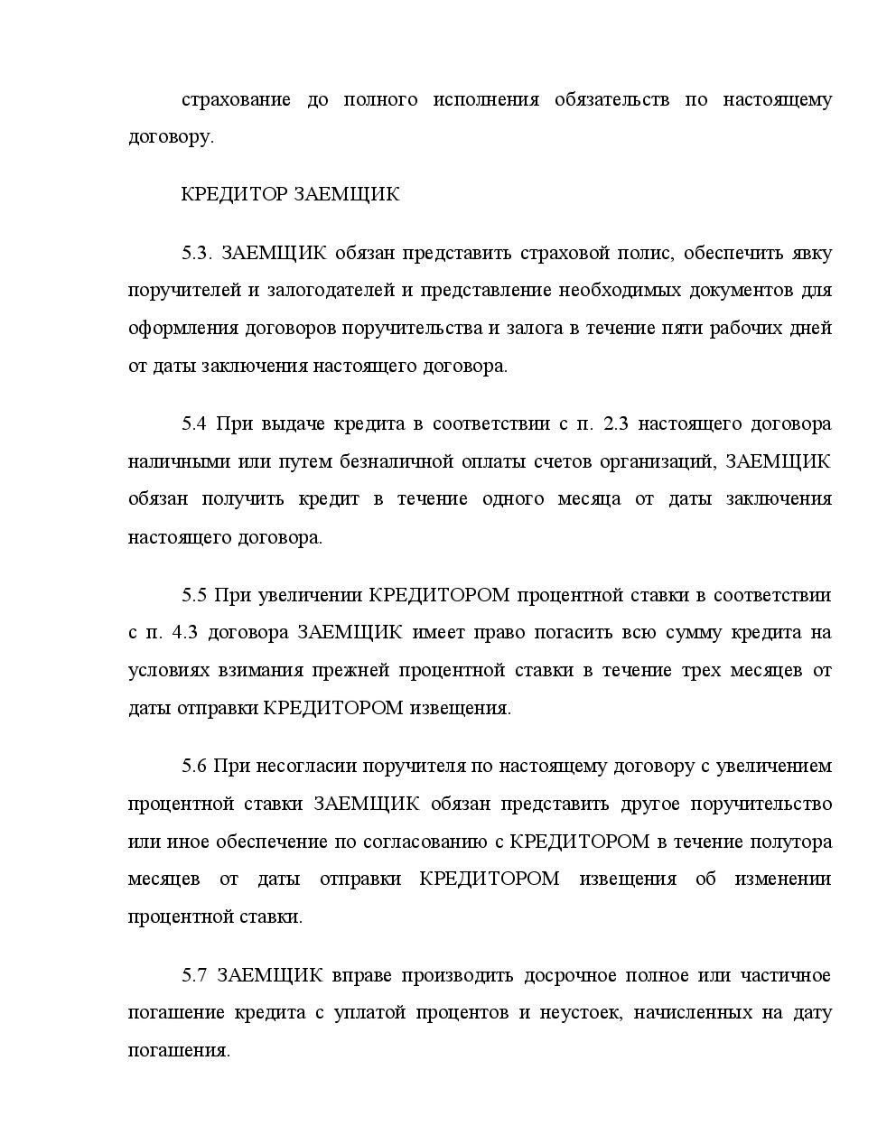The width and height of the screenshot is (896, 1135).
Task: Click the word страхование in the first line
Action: [x=236, y=99]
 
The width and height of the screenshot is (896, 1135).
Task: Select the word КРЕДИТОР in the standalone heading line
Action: [x=234, y=195]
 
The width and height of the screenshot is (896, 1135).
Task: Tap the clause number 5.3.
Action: [x=196, y=253]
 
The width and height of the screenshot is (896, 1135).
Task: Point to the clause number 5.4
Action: [x=194, y=423]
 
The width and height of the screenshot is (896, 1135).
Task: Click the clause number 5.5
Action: [x=194, y=595]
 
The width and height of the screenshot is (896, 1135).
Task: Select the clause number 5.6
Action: [x=194, y=766]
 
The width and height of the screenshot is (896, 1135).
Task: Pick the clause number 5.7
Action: [x=194, y=975]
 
